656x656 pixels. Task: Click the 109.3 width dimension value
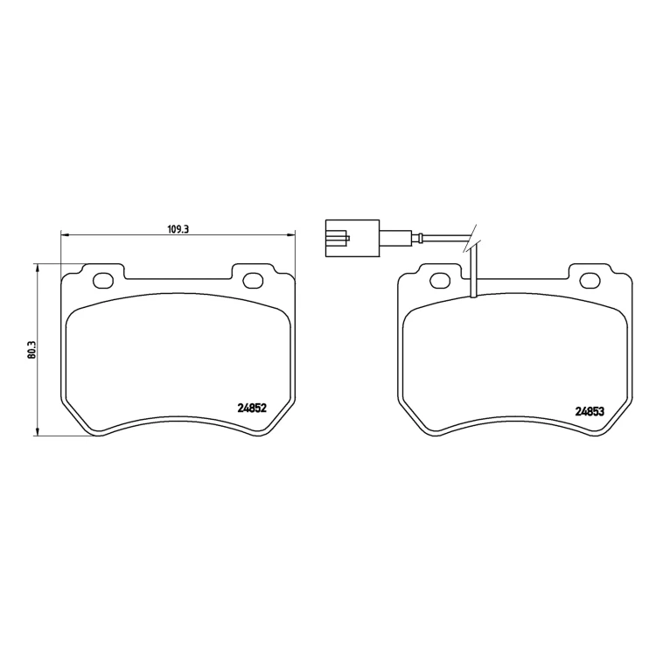(x=178, y=229)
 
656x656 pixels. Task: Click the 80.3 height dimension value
(x=32, y=350)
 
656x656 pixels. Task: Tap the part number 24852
(x=252, y=408)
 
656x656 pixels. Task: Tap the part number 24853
(x=590, y=412)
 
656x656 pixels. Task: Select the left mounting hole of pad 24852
(x=103, y=280)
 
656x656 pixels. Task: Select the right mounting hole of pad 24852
(x=253, y=280)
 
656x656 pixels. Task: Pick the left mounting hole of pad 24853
(x=440, y=280)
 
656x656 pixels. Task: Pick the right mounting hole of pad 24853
(x=590, y=280)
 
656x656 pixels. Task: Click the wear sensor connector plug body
(x=352, y=238)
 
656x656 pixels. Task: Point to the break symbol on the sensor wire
(x=472, y=240)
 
